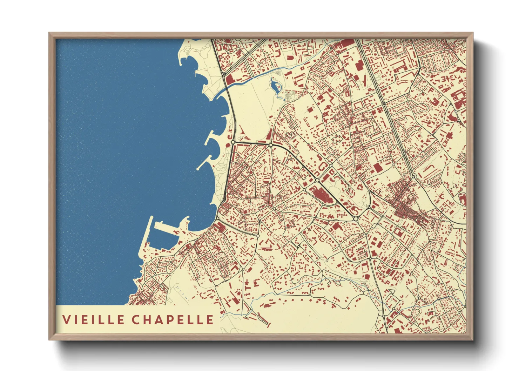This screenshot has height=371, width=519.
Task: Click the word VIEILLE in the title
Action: click(x=93, y=319)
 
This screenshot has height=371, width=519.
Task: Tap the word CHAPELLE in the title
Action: click(x=173, y=319)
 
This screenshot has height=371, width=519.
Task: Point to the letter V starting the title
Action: click(x=66, y=319)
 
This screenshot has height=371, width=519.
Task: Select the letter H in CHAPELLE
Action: click(x=146, y=319)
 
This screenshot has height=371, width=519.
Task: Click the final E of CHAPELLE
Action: click(x=210, y=319)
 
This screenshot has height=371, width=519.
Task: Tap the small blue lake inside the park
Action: click(x=275, y=86)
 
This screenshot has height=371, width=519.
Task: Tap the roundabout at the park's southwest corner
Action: click(x=233, y=142)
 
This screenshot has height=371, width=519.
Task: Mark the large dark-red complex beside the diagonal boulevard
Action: click(x=321, y=195)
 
